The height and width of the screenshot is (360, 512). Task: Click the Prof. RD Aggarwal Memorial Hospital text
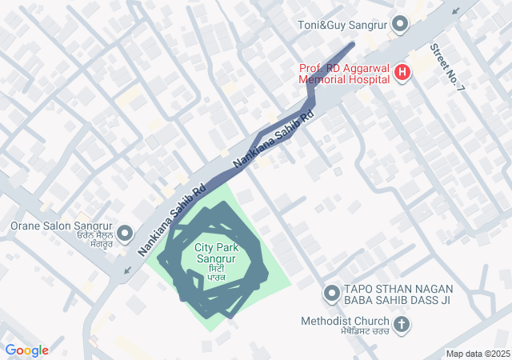tap(344, 74)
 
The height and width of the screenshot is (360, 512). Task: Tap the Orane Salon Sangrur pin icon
tap(124, 234)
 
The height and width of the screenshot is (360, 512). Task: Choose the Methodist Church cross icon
tap(402, 325)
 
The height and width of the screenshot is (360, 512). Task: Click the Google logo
tap(26, 350)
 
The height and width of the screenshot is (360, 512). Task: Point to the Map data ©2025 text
tap(478, 354)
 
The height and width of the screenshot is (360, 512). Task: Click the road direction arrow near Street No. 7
tap(457, 11)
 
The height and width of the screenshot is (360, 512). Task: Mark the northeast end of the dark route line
tap(352, 43)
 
